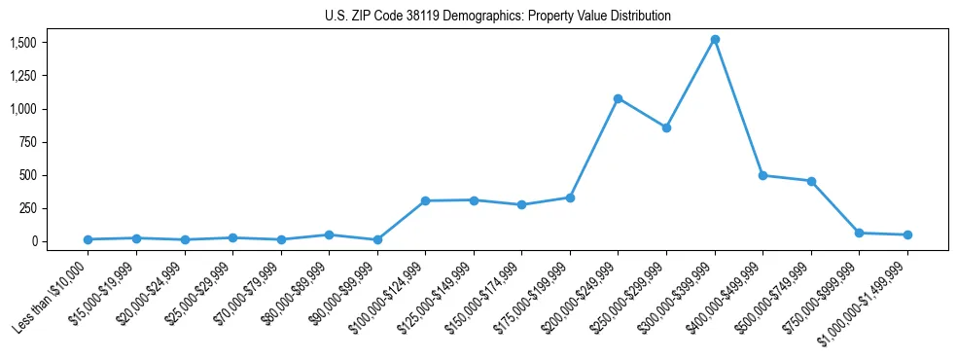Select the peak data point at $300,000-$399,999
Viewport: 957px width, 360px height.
point(715,40)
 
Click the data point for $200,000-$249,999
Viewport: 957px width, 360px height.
point(618,98)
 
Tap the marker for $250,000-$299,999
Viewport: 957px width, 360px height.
point(666,127)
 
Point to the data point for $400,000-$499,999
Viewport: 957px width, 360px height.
point(762,175)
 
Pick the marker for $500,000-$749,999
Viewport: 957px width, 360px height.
point(811,181)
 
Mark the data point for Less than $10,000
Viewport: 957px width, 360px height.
point(88,239)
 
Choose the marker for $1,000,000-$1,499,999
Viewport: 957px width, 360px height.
point(907,234)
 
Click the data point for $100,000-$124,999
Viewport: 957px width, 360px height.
point(425,200)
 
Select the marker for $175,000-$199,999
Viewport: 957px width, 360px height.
point(570,198)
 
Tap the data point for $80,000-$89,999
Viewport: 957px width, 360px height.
point(329,234)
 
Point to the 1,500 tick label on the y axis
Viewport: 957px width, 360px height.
point(23,43)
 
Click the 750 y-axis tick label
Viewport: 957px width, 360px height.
point(29,142)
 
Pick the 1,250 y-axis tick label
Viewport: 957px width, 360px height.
point(23,76)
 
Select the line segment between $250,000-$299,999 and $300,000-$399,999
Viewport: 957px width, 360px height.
point(691,84)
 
